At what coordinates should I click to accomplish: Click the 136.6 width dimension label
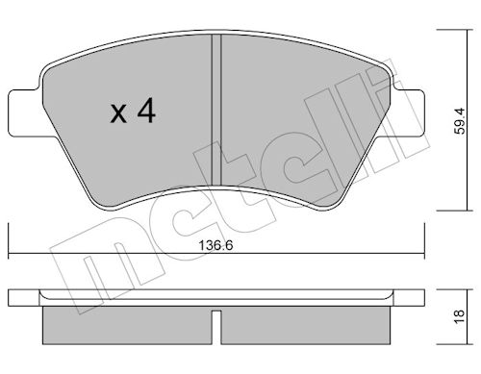pyautogui.click(x=215, y=246)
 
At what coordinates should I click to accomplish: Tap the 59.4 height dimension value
pyautogui.click(x=460, y=121)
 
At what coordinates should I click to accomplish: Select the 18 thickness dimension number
pyautogui.click(x=460, y=317)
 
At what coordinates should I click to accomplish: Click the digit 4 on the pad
pyautogui.click(x=146, y=111)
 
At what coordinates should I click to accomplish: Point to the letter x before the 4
pyautogui.click(x=118, y=113)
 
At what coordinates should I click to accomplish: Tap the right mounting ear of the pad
pyautogui.click(x=407, y=112)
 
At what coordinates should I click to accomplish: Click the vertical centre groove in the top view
pyautogui.click(x=216, y=110)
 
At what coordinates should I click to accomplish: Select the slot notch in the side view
pyautogui.click(x=216, y=327)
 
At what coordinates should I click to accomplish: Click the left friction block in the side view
pyautogui.click(x=127, y=325)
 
